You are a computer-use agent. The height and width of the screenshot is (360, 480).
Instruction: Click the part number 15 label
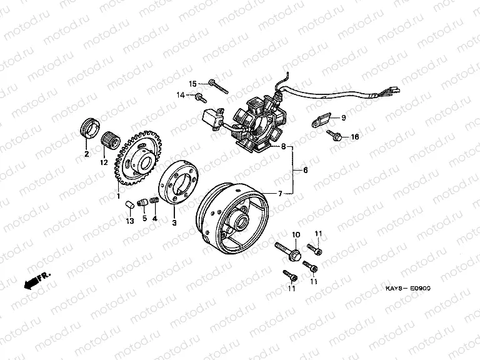coord(192,84)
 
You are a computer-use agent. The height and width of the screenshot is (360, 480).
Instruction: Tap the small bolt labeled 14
coord(201,97)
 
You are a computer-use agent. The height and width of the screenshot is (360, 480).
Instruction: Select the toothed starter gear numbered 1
coord(138,158)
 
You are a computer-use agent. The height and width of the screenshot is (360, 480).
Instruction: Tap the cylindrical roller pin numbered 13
coord(129,204)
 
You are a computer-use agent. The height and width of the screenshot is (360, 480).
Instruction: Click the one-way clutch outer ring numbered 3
coord(178,183)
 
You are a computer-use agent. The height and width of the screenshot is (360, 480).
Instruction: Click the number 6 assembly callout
coord(305,170)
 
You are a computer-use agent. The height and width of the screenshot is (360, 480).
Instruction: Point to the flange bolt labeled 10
coord(288,251)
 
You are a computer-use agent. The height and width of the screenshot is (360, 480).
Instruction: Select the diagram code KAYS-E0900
coord(407,288)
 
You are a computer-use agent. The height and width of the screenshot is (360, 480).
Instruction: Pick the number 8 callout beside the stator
coord(283,146)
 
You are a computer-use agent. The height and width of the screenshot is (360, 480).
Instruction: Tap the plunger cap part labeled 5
coord(142,202)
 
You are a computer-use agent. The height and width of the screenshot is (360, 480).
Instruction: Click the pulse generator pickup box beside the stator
coord(212,120)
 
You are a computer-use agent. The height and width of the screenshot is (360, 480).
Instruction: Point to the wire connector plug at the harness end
coord(396,90)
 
